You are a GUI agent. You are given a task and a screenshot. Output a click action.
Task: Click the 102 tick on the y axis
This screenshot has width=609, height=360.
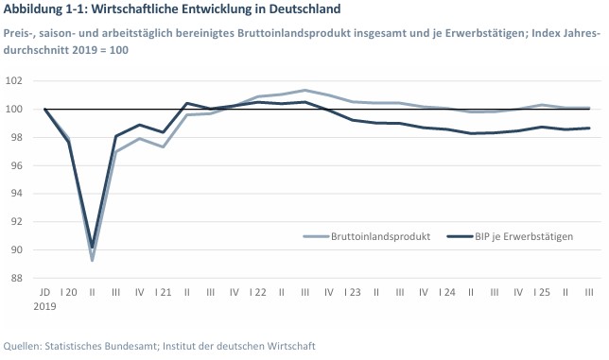(x=18, y=81)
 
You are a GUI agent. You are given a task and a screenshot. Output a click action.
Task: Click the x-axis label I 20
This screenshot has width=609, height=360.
(x=68, y=293)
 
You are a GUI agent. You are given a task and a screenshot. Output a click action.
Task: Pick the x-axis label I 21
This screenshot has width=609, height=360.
(x=163, y=293)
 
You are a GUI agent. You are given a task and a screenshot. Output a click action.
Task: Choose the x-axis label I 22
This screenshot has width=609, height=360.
(x=257, y=293)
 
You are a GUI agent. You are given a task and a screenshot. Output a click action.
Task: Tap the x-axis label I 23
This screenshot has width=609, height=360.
(x=352, y=293)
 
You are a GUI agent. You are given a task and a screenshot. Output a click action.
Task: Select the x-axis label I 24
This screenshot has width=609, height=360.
(x=446, y=293)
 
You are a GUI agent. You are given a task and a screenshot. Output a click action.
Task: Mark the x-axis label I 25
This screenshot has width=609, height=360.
(x=541, y=293)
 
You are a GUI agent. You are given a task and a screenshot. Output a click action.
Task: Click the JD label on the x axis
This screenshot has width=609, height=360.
(x=44, y=293)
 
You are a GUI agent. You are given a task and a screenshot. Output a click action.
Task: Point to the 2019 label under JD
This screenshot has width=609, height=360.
(x=44, y=306)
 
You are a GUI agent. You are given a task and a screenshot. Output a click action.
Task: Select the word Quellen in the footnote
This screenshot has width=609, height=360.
(x=23, y=346)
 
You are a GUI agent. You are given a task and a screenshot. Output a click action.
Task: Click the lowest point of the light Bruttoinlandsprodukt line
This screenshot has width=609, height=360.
(x=92, y=260)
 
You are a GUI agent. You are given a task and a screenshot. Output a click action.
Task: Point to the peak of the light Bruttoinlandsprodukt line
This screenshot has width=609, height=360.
(x=304, y=90)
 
